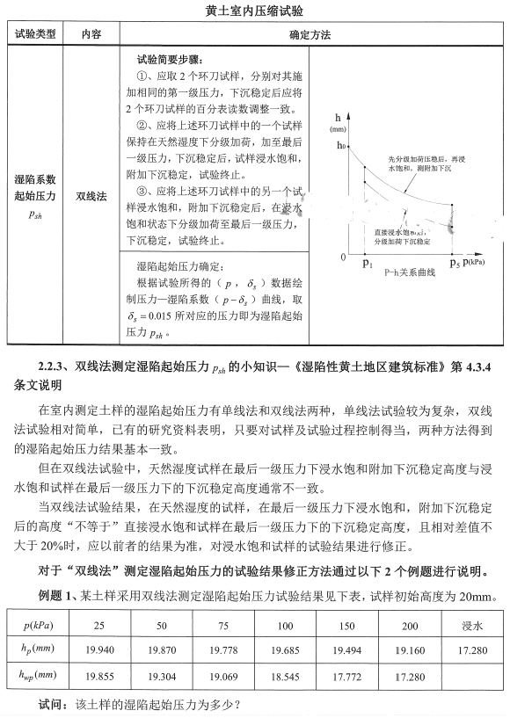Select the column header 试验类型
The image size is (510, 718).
[x=35, y=35]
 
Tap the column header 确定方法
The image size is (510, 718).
[x=310, y=35]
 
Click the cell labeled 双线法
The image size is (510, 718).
[x=91, y=197]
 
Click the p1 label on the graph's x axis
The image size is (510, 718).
[x=367, y=262]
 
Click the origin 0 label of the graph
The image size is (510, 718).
[x=344, y=257]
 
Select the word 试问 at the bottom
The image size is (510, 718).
[x=51, y=705]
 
